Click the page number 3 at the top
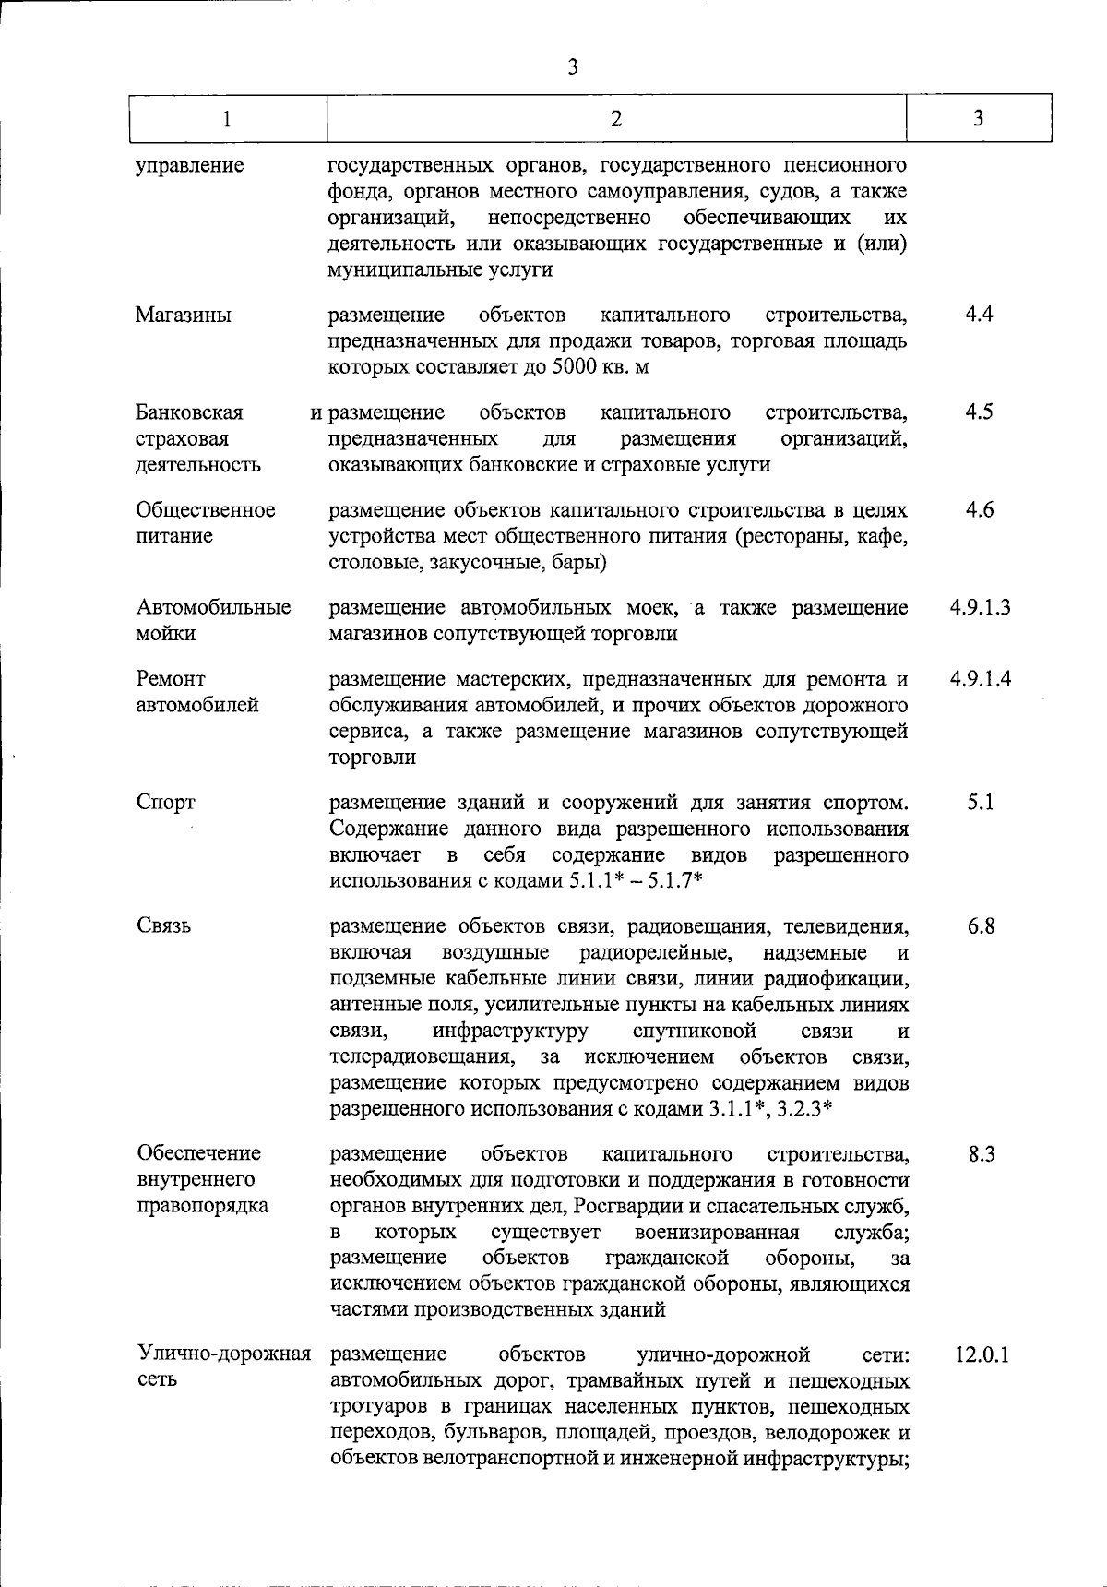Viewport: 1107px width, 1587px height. coord(573,66)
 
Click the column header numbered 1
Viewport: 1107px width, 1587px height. coord(226,118)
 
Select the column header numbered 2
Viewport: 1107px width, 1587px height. coord(615,118)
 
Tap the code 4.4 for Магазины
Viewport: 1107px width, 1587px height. coord(979,314)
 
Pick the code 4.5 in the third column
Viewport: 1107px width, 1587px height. coord(979,412)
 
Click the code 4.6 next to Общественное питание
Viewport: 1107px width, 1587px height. coord(979,509)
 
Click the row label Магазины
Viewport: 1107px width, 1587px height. coord(183,315)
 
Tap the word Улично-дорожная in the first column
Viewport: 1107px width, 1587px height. coord(223,1354)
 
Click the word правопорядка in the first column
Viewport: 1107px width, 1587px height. coord(202,1206)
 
